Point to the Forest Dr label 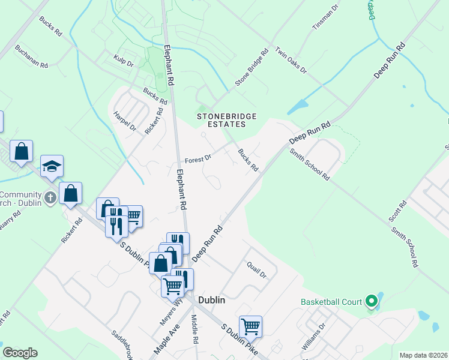[198, 160]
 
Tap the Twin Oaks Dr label [291, 61]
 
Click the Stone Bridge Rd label [251, 68]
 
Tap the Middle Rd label [195, 329]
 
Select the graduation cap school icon [52, 166]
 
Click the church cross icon [51, 197]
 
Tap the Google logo [20, 353]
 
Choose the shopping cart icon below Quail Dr [250, 326]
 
